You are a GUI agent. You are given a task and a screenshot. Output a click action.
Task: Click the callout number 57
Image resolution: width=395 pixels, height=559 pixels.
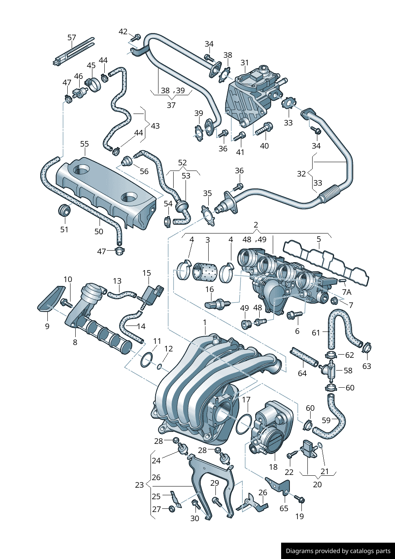click(x=71, y=38)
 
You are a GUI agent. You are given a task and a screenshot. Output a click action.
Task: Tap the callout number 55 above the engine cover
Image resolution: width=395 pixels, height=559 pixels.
click(x=84, y=144)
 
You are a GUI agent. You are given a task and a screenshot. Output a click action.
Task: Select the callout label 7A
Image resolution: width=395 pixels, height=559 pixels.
click(x=346, y=292)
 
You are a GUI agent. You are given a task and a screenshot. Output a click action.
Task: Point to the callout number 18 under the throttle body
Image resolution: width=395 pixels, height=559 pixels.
click(x=273, y=467)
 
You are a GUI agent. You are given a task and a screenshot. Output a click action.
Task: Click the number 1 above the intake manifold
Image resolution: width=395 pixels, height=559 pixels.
click(x=205, y=322)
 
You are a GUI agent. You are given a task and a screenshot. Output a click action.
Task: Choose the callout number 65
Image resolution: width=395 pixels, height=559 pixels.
click(x=284, y=508)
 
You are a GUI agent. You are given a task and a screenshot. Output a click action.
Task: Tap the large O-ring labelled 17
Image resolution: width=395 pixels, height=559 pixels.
click(x=244, y=424)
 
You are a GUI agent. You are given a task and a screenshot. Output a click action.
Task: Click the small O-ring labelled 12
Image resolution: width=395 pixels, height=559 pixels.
click(x=160, y=367)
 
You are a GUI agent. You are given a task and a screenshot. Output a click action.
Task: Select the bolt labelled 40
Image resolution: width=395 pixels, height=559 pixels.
click(x=264, y=128)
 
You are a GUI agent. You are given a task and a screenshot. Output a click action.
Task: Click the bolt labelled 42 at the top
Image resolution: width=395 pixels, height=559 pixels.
click(x=136, y=37)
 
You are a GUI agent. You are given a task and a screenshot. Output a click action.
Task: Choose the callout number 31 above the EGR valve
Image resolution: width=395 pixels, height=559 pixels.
click(x=244, y=63)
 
